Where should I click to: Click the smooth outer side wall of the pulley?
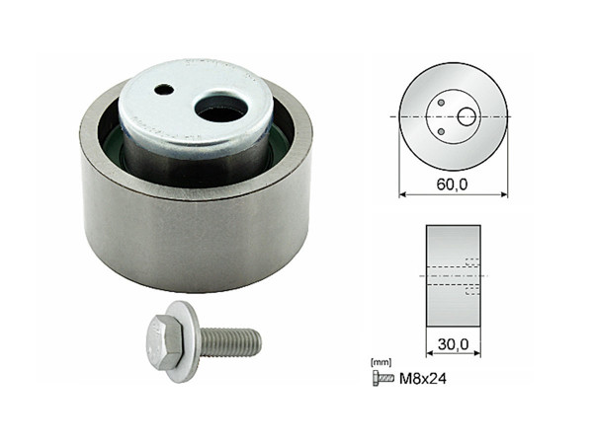pos(188,242)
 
